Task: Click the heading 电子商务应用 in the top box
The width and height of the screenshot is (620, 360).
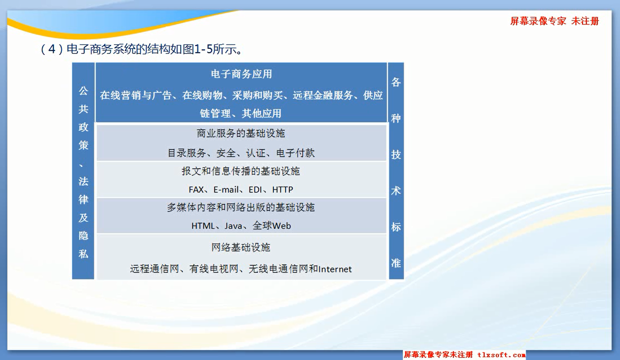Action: (x=242, y=74)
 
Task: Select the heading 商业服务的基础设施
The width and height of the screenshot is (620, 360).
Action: (x=241, y=134)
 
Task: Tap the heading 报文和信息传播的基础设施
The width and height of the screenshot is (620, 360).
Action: (x=241, y=171)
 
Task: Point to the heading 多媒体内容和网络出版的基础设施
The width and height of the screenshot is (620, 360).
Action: (x=241, y=207)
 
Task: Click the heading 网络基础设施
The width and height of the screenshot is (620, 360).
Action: (x=241, y=247)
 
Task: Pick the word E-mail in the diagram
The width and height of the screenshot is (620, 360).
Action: (x=226, y=189)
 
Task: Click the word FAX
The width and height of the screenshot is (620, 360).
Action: (x=196, y=189)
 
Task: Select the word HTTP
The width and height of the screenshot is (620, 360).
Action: (x=283, y=189)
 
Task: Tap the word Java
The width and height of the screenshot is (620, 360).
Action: (x=234, y=226)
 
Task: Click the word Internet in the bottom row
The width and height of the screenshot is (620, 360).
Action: (x=335, y=269)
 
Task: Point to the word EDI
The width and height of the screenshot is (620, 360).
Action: (x=255, y=189)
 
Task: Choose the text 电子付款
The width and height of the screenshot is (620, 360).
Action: (x=295, y=153)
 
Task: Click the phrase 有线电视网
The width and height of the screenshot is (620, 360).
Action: (x=214, y=269)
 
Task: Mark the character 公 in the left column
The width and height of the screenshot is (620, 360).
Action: (x=83, y=90)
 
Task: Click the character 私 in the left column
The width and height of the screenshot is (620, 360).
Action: (x=83, y=254)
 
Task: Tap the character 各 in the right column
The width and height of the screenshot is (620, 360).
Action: (x=396, y=82)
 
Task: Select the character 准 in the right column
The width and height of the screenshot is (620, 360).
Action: (x=396, y=263)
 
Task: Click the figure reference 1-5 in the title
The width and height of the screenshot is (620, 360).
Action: (x=203, y=49)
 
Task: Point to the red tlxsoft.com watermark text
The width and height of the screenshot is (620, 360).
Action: (x=501, y=355)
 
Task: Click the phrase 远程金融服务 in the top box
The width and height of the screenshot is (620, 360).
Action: (x=323, y=96)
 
